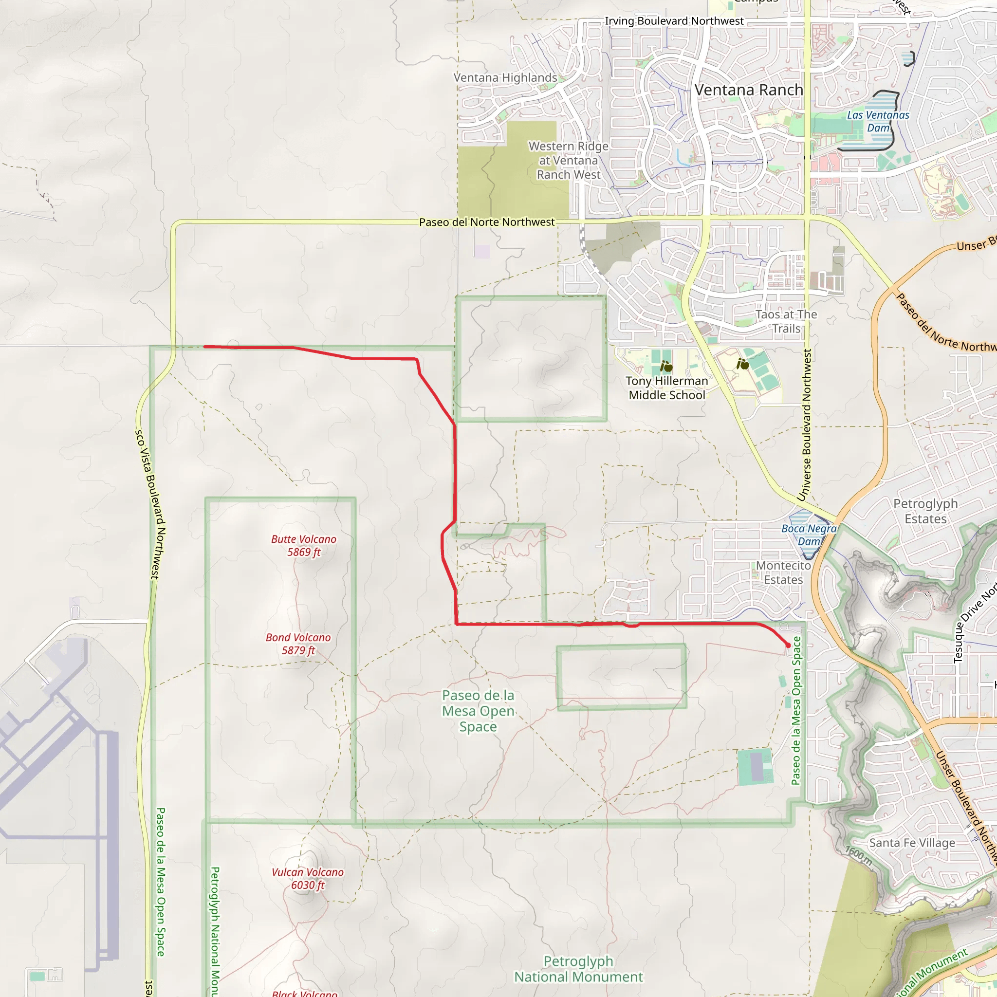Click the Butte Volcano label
(x=304, y=545)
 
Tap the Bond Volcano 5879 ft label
(x=298, y=644)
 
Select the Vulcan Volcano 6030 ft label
(x=308, y=878)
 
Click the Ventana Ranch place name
(x=749, y=91)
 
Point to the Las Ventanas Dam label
(x=878, y=121)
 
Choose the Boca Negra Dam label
(x=809, y=535)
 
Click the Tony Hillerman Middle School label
(x=667, y=388)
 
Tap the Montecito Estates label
(x=783, y=573)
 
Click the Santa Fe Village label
(x=912, y=843)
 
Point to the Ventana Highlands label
(x=505, y=78)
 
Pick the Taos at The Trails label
(x=786, y=321)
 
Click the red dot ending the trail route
(x=788, y=646)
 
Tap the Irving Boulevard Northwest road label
(x=674, y=21)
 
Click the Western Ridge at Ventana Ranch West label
(x=568, y=161)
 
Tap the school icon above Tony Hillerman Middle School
(x=666, y=367)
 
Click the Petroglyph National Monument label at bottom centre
(x=578, y=969)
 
